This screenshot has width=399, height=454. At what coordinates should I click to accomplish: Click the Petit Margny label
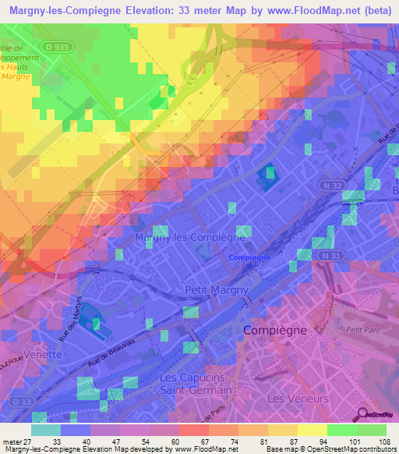click(x=217, y=290)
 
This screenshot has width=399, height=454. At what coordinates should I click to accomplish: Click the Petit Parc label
click(x=361, y=329)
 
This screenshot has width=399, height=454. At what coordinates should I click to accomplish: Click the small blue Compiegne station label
click(x=249, y=257)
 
